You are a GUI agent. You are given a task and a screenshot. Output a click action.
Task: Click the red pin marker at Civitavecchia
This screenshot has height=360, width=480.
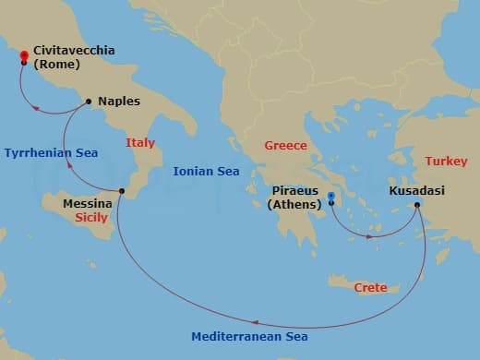click(x=24, y=56)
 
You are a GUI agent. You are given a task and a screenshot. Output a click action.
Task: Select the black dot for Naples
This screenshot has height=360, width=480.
click(x=88, y=102)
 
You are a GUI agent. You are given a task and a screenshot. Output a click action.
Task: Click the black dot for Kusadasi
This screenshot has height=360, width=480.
click(x=417, y=204)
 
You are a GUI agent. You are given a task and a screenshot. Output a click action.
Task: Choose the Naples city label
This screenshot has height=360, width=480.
click(x=119, y=102)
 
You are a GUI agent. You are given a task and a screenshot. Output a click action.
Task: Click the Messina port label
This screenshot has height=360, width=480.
click(x=87, y=203)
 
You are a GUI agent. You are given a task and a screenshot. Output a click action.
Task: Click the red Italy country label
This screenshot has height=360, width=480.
click(x=140, y=143)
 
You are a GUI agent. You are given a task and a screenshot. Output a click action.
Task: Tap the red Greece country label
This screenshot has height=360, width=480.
click(x=285, y=146)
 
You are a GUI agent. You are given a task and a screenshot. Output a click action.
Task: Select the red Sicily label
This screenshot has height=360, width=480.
click(x=90, y=218)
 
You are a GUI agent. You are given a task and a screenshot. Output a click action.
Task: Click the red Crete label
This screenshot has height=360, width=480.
click(x=371, y=288)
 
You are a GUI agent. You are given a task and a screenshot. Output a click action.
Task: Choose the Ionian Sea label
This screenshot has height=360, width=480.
click(x=206, y=171)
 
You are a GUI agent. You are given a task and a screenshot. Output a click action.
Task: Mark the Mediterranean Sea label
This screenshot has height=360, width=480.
click(x=248, y=337)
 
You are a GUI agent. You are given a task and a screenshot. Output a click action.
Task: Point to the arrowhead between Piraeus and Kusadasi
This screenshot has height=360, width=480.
click(x=371, y=236)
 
